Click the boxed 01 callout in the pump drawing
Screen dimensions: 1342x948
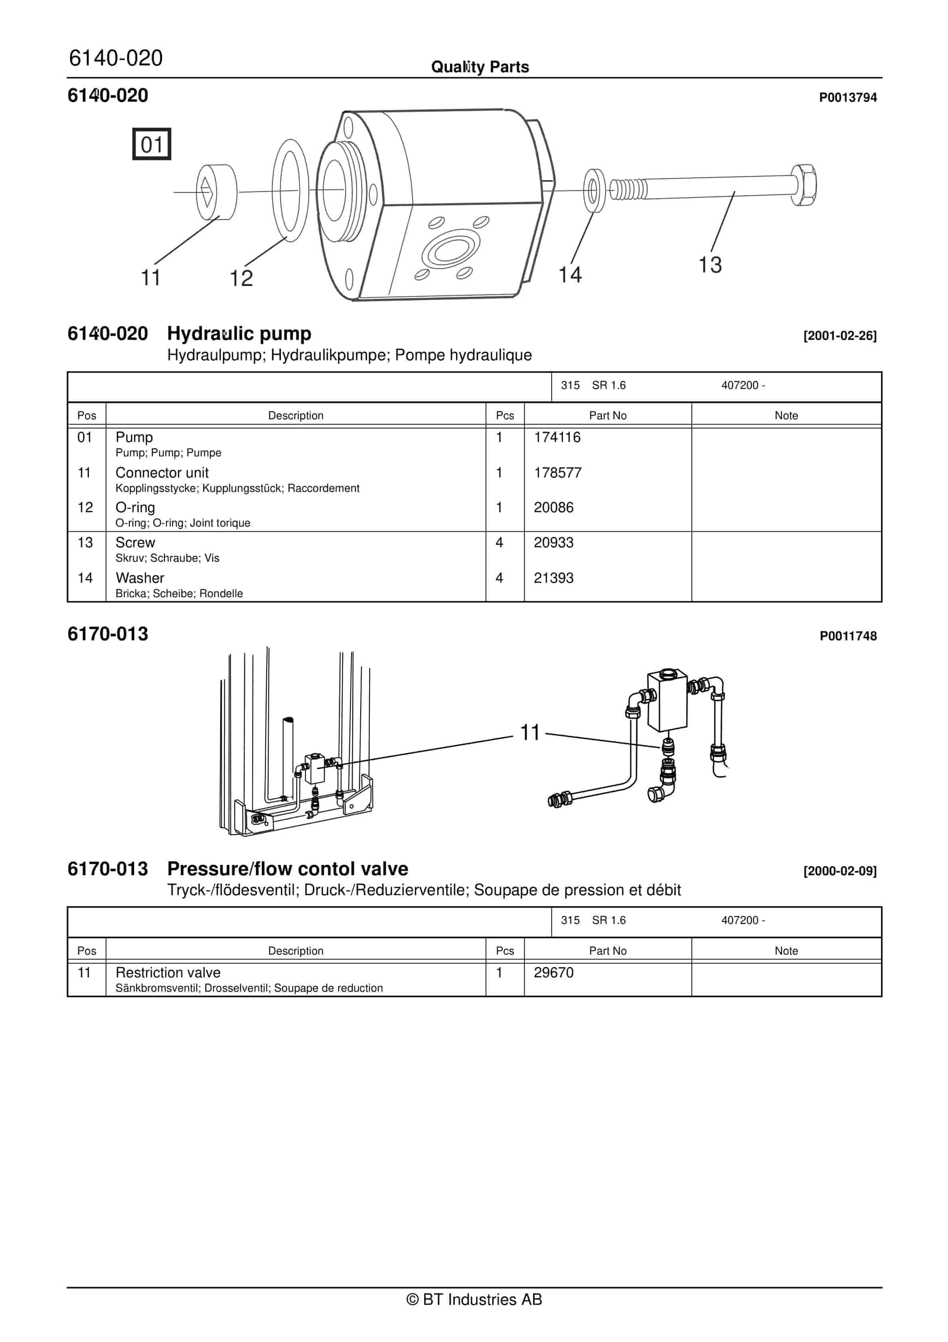point(151,144)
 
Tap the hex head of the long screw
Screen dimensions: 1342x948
point(804,185)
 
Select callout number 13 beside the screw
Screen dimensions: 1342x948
point(710,265)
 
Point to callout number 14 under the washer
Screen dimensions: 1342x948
point(570,275)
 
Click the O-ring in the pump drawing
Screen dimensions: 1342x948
point(290,191)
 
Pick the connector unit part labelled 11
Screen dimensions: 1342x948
point(217,192)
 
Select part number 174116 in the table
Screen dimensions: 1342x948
point(557,437)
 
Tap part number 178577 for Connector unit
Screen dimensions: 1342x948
point(557,472)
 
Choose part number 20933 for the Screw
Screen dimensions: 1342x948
point(553,543)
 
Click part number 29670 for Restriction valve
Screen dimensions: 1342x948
point(553,972)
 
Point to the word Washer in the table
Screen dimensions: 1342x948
point(140,578)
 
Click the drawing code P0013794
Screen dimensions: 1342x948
point(847,98)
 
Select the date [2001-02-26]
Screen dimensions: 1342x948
point(840,335)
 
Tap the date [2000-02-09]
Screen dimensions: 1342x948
point(840,871)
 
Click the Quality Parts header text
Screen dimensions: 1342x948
point(480,67)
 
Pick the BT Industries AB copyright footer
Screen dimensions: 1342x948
point(474,1299)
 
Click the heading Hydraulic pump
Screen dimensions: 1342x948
point(239,333)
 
